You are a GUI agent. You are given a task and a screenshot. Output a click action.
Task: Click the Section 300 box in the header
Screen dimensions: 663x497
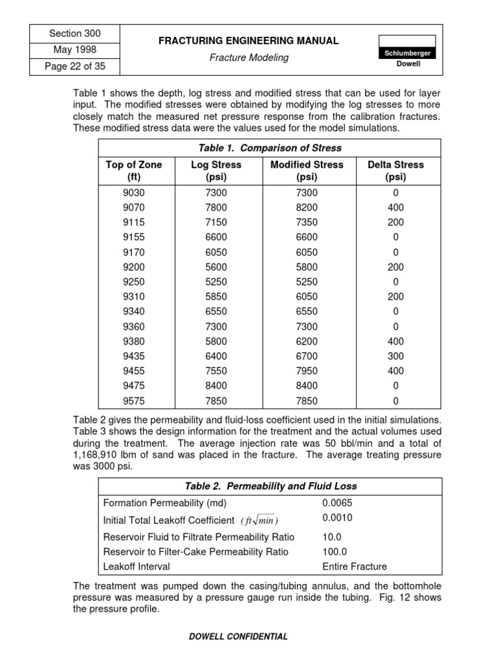(75, 34)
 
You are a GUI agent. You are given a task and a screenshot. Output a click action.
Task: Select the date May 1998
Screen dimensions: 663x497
(75, 50)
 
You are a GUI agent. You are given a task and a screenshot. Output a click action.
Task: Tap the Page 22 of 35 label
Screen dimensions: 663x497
(75, 66)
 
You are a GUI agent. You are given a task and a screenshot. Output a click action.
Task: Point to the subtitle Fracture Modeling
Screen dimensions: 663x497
(249, 58)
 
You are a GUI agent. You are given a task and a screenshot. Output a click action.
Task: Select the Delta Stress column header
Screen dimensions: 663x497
(395, 171)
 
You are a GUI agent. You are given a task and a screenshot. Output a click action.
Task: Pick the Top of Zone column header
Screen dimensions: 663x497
(134, 171)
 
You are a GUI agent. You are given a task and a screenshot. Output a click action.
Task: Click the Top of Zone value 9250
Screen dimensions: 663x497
(134, 282)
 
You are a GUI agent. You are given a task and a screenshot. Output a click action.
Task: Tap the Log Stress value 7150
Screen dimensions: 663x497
(215, 222)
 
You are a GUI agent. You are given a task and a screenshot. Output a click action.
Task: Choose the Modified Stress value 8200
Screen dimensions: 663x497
(306, 207)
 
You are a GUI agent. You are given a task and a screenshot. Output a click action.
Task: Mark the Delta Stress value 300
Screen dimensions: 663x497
(395, 356)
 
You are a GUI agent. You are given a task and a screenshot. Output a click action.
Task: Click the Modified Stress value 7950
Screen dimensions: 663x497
(306, 371)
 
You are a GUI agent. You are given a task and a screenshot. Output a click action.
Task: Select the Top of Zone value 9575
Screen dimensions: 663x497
(134, 401)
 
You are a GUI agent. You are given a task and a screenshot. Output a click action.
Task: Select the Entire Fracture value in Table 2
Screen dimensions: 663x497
(354, 567)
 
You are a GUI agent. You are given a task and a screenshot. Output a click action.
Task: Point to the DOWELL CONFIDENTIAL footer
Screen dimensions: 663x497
(238, 636)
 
